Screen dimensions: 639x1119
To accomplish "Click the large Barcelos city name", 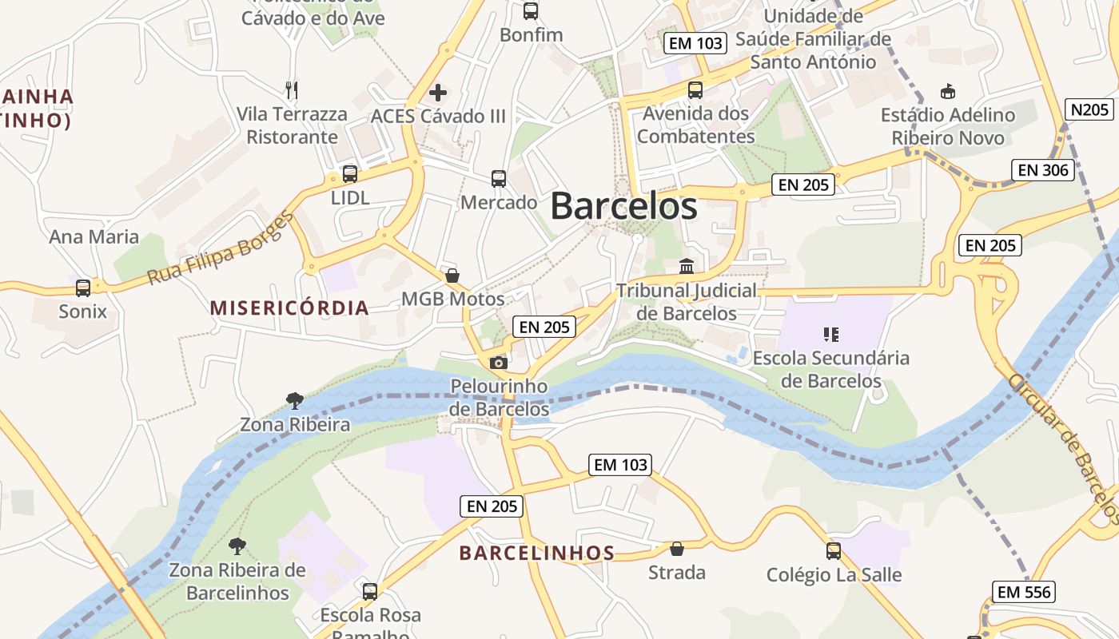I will [623, 206].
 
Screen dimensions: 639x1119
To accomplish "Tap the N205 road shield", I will [1089, 109].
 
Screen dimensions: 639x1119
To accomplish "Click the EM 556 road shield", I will [1025, 592].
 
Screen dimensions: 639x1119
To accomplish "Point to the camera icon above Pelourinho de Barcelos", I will [498, 363].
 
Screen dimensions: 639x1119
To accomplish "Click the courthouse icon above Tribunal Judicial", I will [686, 266].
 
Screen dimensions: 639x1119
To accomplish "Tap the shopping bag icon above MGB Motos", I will [452, 276].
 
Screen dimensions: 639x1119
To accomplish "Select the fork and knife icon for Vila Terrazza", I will [292, 89].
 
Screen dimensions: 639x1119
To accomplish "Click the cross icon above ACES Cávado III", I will [438, 93].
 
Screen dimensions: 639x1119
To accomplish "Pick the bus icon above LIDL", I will [349, 173].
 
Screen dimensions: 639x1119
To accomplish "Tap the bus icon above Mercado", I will [499, 178].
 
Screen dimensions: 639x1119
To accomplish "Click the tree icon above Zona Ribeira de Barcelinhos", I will [237, 546].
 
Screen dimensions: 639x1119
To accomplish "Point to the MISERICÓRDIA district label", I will [289, 308].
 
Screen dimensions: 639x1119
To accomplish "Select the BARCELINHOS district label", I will [537, 553].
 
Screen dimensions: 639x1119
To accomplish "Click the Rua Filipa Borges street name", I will [221, 249].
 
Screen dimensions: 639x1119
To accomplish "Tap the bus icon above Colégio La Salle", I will [834, 550].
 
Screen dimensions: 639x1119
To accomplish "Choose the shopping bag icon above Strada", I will [676, 549].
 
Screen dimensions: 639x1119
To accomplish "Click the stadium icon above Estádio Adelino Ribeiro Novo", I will [948, 91].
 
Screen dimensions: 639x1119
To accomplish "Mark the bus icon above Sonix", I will [82, 288].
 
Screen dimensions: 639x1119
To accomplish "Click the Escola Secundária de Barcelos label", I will [830, 369].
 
